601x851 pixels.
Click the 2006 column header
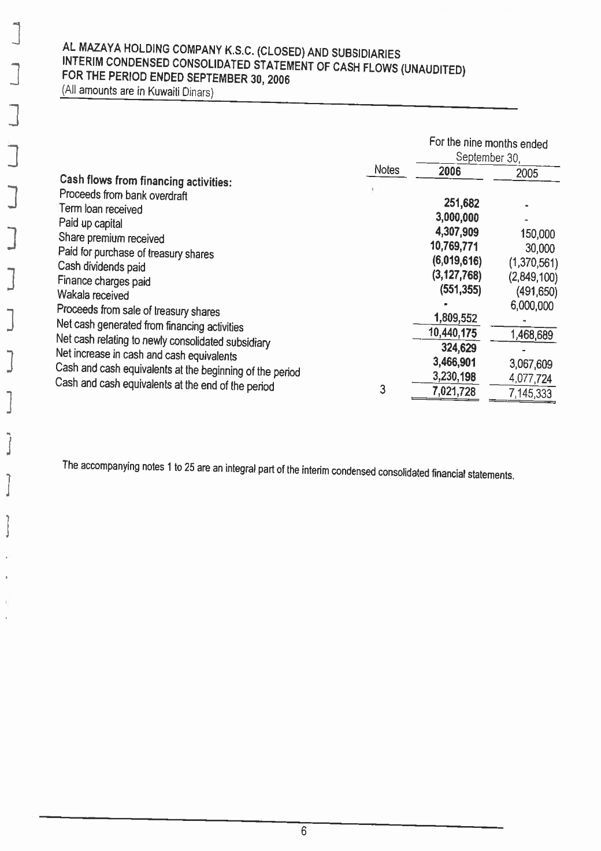coord(450,171)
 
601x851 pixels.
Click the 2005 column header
coord(526,173)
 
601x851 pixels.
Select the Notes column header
coord(387,170)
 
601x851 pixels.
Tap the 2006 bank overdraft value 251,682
coord(461,202)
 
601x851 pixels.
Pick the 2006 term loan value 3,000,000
coord(457,218)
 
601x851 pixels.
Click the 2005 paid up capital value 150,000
coord(537,234)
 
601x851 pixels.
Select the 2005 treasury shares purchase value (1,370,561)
coord(533,263)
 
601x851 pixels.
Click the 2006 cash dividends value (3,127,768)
coord(458,275)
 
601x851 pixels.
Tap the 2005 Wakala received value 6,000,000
coord(532,306)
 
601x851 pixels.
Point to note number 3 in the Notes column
coord(382,389)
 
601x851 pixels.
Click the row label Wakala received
coord(93,296)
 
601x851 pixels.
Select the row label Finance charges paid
coord(104,282)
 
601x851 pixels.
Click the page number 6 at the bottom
coord(303,832)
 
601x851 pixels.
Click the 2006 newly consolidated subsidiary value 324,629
coord(459,348)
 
